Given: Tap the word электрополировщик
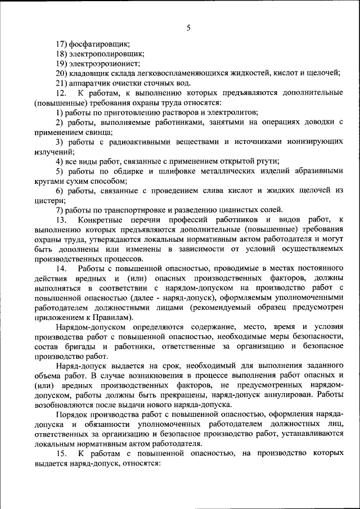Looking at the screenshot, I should tap(107, 53).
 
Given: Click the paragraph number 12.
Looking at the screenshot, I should tap(61, 92).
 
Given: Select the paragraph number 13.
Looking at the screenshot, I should tap(61, 219).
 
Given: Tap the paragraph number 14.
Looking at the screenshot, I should tap(61, 268).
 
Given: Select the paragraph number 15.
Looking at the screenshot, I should tap(61, 454).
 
